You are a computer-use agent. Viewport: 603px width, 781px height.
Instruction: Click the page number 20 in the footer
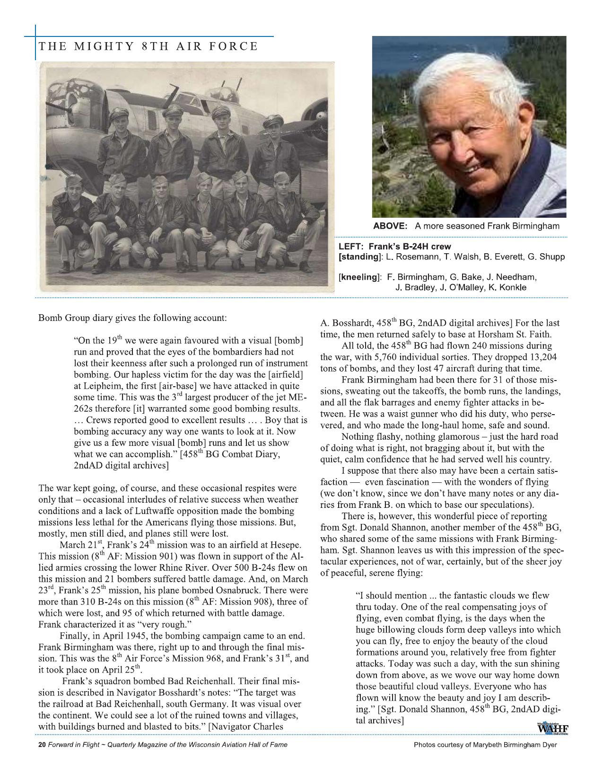tap(42, 745)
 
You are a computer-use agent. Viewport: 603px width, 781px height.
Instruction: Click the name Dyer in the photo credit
tap(549, 745)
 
